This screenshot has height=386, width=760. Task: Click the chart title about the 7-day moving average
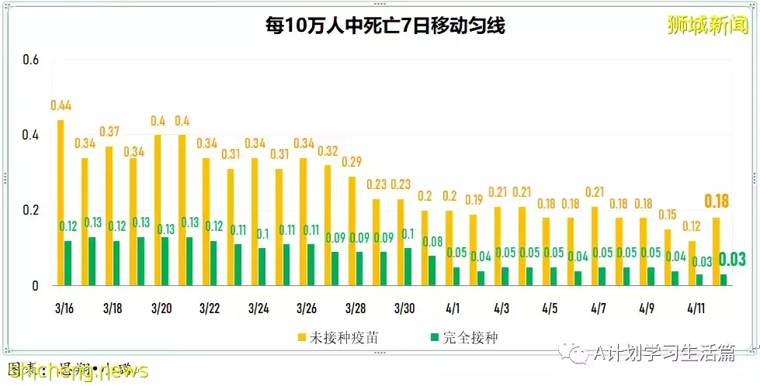(x=385, y=26)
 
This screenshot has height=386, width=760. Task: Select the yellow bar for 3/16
(x=61, y=203)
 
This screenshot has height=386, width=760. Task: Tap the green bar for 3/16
(x=68, y=263)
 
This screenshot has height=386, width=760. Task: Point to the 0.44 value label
(x=61, y=105)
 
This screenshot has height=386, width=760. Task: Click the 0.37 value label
(x=109, y=131)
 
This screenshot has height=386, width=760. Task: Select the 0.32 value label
(x=328, y=150)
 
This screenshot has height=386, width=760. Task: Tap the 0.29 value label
(x=352, y=162)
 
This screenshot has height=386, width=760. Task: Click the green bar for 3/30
(x=408, y=267)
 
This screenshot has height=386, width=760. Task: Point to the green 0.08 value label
(x=432, y=242)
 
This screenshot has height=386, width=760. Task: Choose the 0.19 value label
(x=474, y=200)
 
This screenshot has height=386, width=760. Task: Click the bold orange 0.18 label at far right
(x=717, y=202)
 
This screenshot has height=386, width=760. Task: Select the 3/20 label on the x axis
(x=160, y=308)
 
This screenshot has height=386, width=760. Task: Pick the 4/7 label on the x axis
(x=598, y=308)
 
